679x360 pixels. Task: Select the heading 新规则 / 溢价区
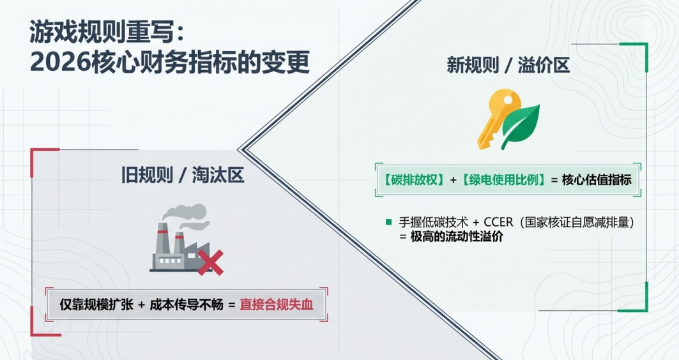[x=508, y=65]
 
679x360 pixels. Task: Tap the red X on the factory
[x=210, y=262]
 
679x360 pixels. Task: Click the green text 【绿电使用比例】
[x=505, y=180]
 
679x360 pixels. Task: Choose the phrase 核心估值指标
[x=597, y=180]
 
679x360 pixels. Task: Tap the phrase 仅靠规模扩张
[x=96, y=305]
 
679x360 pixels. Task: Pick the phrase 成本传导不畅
[x=185, y=305]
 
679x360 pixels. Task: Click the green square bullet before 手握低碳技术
[x=388, y=222]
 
